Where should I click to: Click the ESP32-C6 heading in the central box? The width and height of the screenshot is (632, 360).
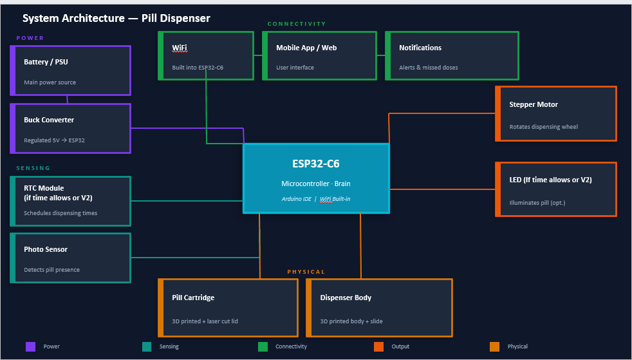pos(315,164)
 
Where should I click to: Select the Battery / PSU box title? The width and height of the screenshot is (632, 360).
pos(46,62)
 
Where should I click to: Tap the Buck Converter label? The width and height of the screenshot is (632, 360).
pos(49,120)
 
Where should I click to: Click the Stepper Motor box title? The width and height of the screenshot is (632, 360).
pos(534,104)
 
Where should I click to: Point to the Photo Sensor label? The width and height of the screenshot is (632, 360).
pos(46,249)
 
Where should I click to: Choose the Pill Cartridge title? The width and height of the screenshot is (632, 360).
pos(193,298)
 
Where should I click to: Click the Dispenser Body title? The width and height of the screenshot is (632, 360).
pos(346,298)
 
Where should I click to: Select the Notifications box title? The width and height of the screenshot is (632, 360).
pos(420,48)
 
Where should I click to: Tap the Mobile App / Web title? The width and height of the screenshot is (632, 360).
pos(306,48)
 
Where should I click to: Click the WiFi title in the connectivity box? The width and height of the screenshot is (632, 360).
pos(180,48)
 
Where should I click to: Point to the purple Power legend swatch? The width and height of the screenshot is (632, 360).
pos(30,346)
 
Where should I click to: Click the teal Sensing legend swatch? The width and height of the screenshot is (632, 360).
pos(147,346)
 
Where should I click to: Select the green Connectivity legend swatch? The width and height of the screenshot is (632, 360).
pos(263,346)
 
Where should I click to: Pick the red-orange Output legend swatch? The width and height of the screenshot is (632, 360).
pos(378,346)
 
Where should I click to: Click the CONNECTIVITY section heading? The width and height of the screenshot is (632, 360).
pos(297,24)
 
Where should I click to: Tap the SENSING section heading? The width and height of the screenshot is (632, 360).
pos(33,168)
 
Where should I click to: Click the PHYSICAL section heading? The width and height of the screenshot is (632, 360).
pos(306,272)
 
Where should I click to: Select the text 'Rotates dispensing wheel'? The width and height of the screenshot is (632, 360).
pos(543,127)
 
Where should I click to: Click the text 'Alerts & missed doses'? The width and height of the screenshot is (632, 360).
pos(429,68)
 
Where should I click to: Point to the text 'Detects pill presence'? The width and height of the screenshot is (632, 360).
pos(51,270)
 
